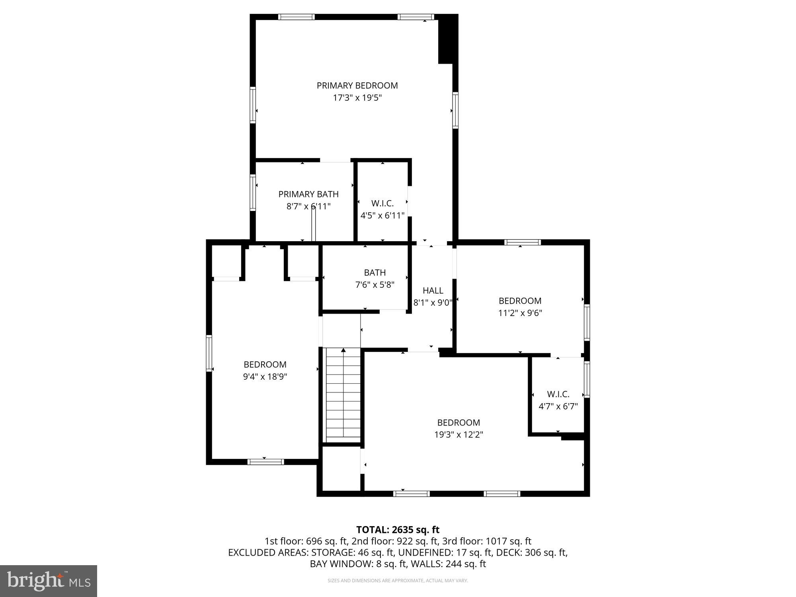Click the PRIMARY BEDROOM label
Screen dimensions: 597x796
tap(357, 86)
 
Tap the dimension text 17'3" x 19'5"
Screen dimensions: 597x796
tap(357, 98)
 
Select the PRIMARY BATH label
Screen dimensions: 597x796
tap(308, 194)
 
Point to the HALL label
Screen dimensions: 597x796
tap(433, 291)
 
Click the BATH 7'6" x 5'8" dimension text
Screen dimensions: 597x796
tap(375, 285)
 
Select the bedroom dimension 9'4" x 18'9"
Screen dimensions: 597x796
tap(265, 377)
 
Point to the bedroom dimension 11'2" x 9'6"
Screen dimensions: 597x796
tap(520, 313)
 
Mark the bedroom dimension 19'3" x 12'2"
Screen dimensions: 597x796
tap(458, 435)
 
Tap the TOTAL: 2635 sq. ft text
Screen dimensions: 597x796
tap(398, 530)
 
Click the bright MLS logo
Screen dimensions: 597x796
tap(49, 581)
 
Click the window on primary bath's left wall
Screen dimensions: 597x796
tap(253, 192)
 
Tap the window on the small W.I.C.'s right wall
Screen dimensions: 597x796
tap(587, 379)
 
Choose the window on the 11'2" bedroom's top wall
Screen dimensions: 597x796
tap(522, 242)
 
